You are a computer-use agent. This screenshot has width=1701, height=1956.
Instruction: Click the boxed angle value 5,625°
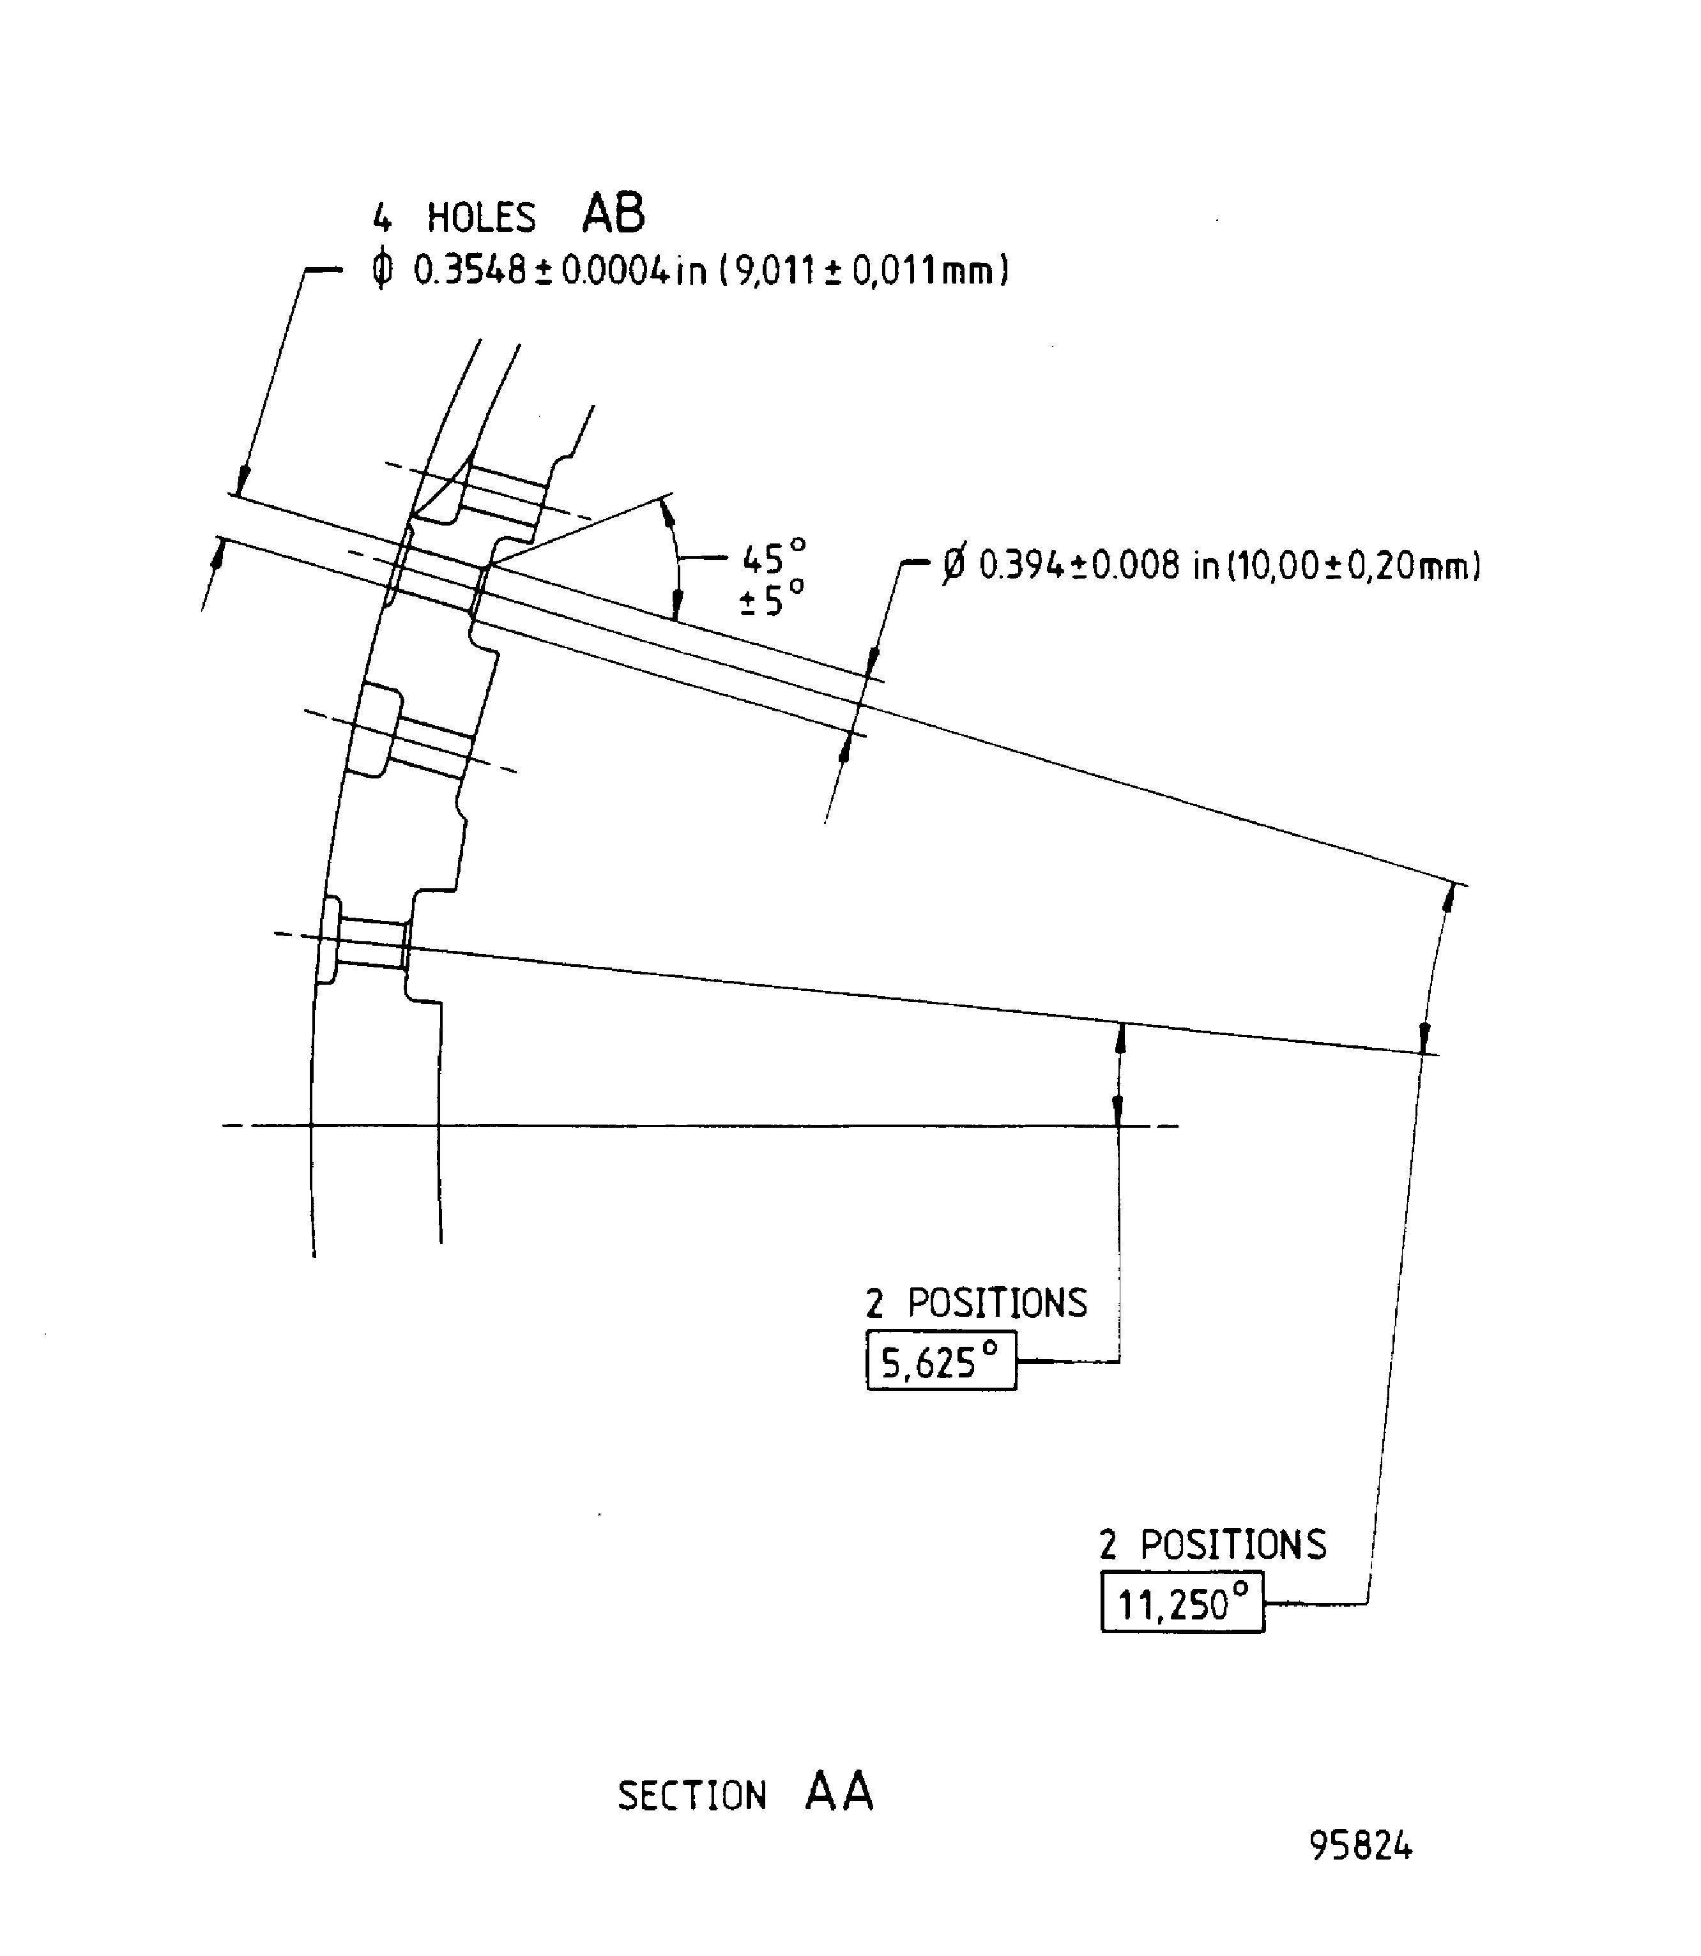click(940, 1363)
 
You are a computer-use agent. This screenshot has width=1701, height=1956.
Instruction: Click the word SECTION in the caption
click(691, 1796)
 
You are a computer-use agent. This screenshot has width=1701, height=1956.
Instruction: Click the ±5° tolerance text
click(771, 599)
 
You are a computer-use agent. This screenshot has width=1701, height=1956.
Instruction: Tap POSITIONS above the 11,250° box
click(1233, 1545)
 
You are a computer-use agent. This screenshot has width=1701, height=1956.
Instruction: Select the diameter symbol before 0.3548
click(381, 271)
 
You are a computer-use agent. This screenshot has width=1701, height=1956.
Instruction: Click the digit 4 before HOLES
click(381, 219)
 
